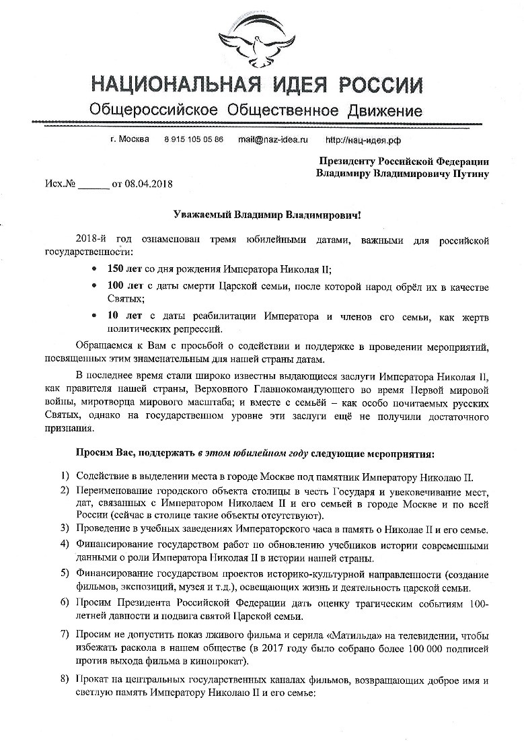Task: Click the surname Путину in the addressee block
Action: point(466,173)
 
